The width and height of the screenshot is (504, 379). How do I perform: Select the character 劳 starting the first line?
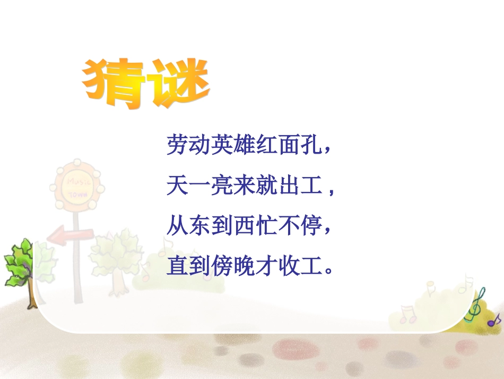(177, 145)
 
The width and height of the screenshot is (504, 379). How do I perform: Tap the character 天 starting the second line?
(177, 186)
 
